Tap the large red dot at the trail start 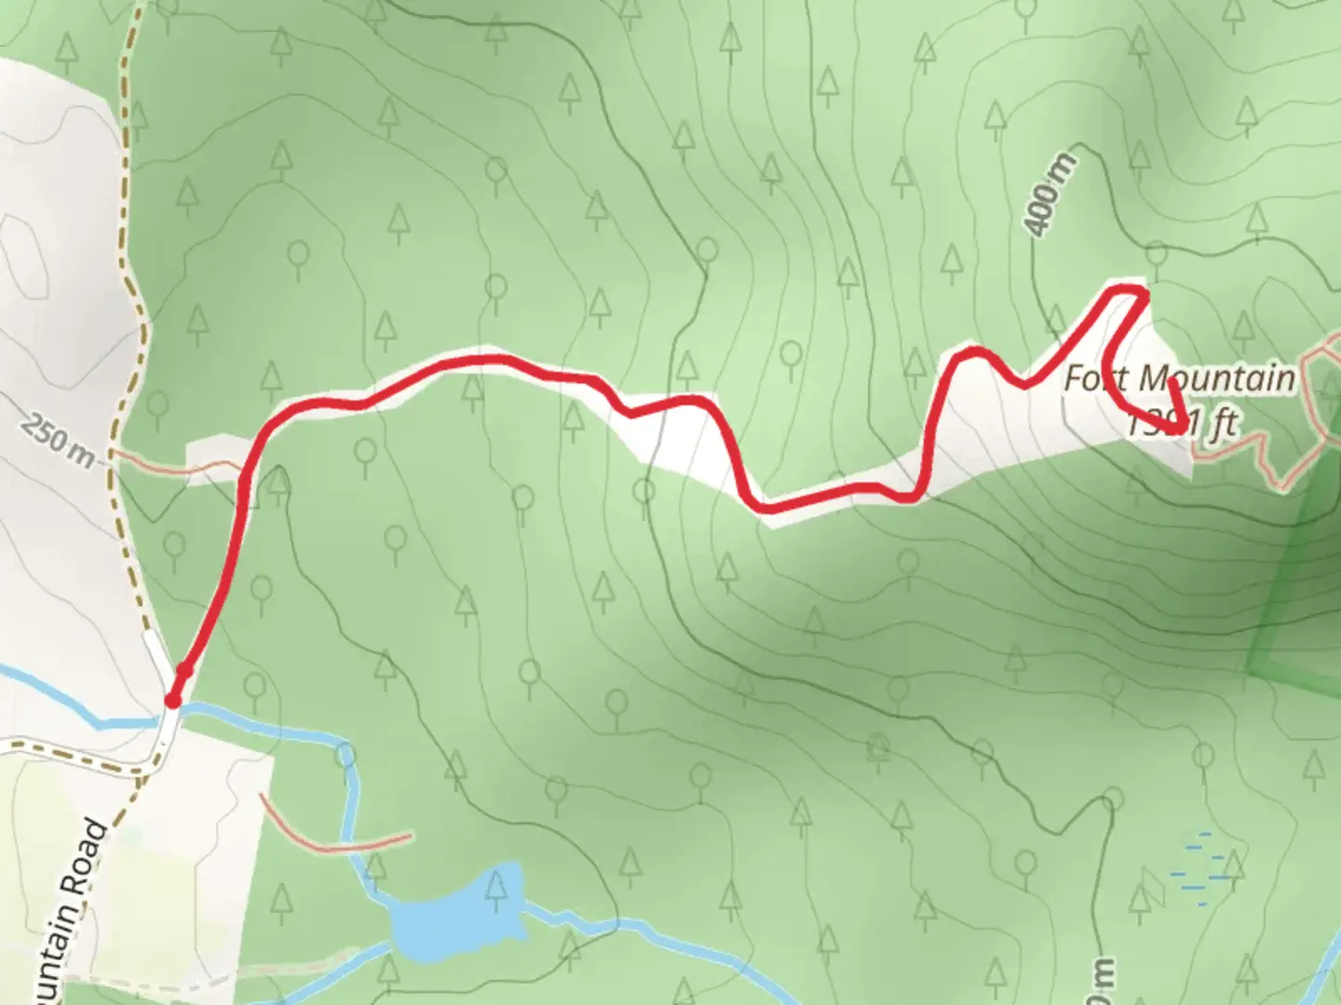[x=172, y=701]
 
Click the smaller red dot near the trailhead [x=185, y=670]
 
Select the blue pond [x=456, y=917]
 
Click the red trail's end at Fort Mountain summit [x=1181, y=427]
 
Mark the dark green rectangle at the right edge [x=1299, y=596]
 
